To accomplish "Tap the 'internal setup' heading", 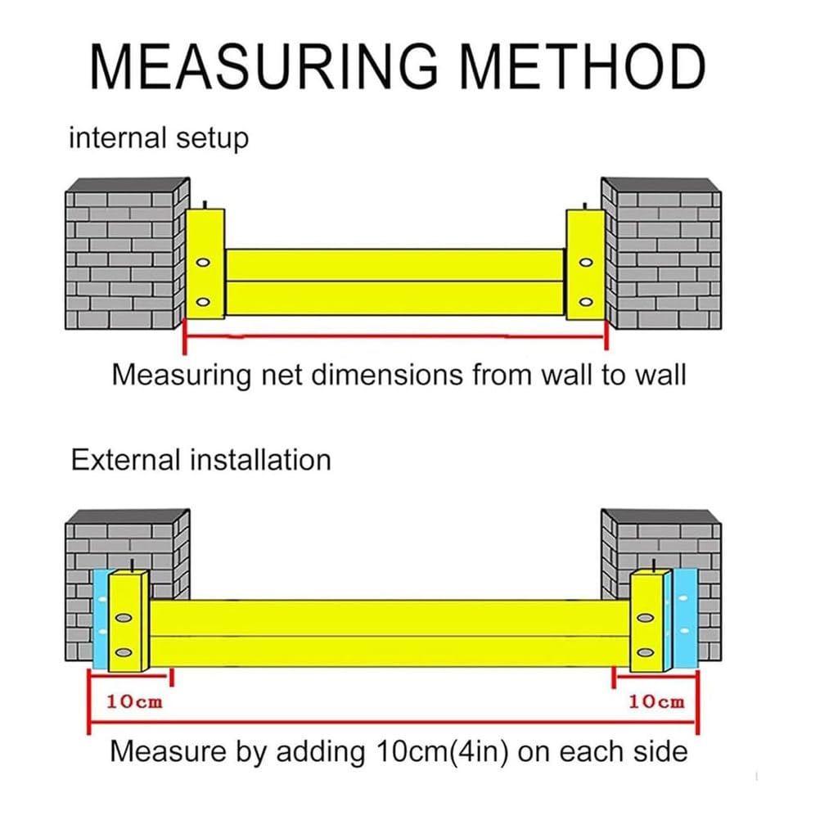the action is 159,138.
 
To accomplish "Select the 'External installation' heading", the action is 201,460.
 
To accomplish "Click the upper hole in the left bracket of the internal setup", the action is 203,263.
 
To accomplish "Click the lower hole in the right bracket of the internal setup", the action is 586,302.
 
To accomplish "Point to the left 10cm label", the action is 134,701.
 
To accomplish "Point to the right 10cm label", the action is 656,701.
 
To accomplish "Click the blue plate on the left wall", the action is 101,620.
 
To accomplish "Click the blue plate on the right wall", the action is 685,620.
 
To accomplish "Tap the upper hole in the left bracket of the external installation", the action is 124,618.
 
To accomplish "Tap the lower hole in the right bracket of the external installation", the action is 646,653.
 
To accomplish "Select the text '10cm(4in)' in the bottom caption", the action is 442,752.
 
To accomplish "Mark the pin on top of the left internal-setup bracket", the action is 205,205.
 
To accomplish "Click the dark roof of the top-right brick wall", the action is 662,185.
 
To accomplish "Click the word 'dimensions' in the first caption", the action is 387,375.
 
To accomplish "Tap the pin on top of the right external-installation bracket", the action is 654,565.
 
